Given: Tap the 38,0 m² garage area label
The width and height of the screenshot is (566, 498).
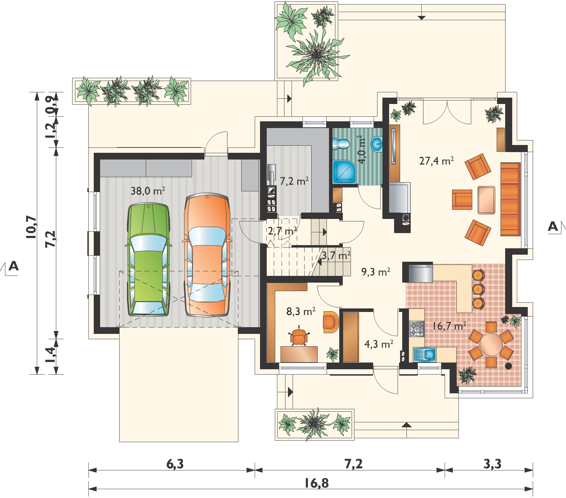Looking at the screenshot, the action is point(148,192).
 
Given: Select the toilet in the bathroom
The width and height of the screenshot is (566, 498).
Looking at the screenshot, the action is point(341,144).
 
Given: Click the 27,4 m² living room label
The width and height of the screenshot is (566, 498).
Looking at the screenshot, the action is point(437,161).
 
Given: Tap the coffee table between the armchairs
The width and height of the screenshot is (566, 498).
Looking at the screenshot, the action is point(486,200).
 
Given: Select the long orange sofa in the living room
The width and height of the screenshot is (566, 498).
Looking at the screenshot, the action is point(510,199).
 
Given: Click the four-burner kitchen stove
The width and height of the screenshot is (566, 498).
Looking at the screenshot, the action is point(417,329).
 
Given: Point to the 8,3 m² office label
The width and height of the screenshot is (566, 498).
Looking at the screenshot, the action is point(301,312).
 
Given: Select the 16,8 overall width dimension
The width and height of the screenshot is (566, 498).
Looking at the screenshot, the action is point(316,483).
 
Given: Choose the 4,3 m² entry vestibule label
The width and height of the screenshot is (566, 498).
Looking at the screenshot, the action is point(379,344).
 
